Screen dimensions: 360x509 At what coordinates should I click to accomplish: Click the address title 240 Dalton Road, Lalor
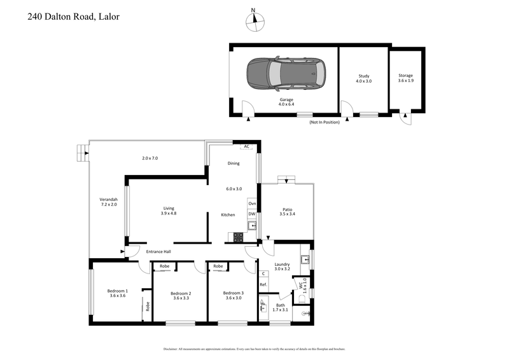click(73, 17)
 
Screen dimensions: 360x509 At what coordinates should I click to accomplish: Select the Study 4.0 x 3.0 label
click(363, 78)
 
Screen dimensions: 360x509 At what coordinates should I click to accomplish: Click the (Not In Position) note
click(324, 122)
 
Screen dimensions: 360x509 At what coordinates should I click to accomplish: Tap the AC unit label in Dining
click(237, 146)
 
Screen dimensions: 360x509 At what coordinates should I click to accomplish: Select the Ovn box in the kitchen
click(252, 203)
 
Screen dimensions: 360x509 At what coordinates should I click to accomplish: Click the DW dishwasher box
click(252, 214)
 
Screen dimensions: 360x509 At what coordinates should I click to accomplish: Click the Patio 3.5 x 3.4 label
click(287, 211)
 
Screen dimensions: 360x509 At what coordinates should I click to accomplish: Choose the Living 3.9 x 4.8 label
click(169, 211)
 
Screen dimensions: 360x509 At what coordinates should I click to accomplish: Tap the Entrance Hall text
click(158, 252)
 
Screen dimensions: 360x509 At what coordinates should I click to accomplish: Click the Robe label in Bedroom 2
click(164, 266)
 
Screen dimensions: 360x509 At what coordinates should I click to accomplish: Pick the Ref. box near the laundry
click(263, 284)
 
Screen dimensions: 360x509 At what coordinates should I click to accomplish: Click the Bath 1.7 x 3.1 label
click(281, 307)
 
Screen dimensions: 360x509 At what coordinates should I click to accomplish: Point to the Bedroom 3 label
click(234, 293)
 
